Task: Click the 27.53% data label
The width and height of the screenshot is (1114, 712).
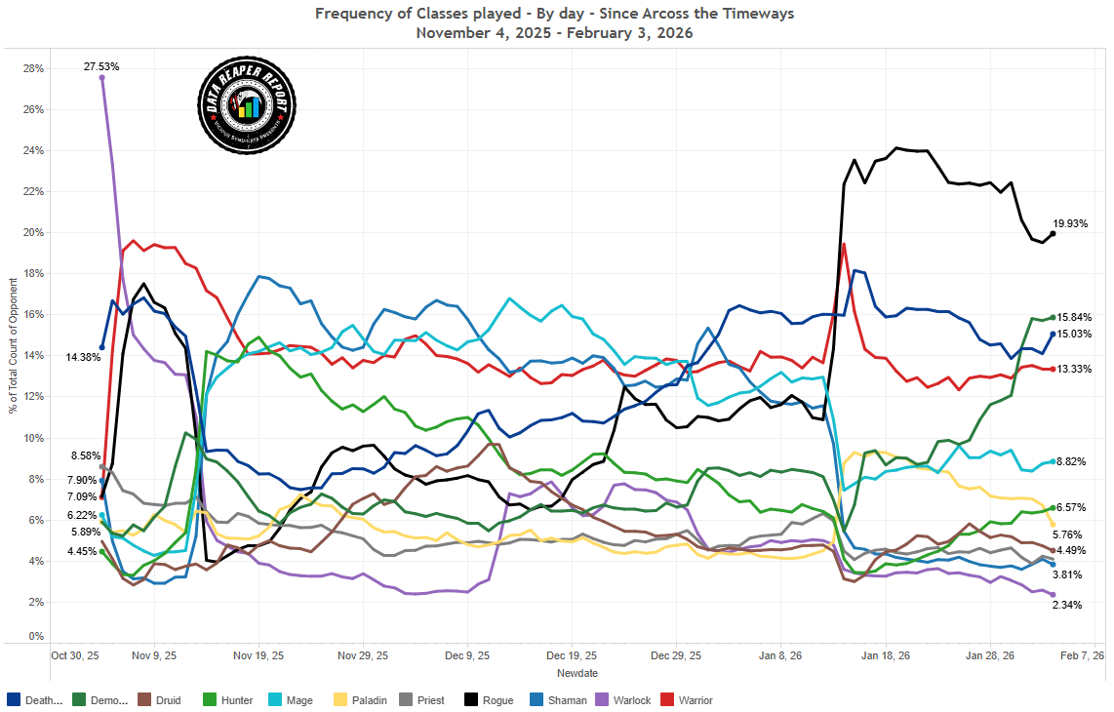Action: pos(101,66)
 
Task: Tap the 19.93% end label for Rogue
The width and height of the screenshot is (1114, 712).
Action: pos(1071,223)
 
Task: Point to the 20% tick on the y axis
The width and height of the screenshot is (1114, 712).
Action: pos(34,233)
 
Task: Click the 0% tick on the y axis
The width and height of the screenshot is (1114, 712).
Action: pos(37,637)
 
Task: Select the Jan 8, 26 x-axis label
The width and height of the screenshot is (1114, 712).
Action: pos(781,656)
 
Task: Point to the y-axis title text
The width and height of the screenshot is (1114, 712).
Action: pos(14,345)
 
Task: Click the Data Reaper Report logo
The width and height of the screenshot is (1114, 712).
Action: pos(247,104)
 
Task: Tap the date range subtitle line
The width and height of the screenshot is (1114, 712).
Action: pos(554,33)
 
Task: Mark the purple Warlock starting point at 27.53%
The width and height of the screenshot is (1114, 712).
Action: pos(101,78)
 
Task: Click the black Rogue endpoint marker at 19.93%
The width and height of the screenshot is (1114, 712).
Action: pos(1053,234)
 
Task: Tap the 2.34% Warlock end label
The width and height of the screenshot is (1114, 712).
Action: pos(1067,606)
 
